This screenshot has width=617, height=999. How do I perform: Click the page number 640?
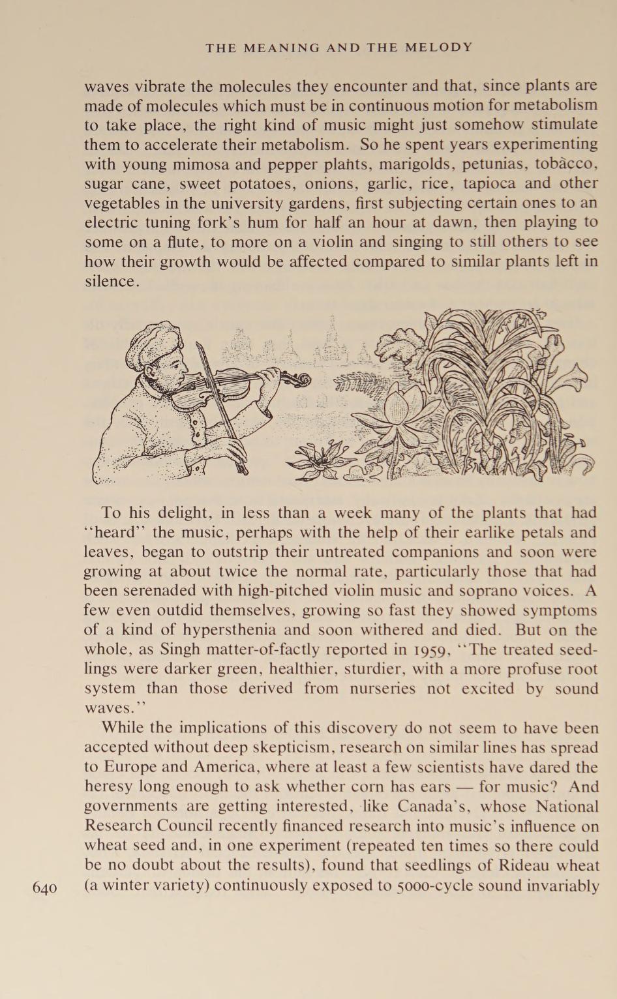pyautogui.click(x=44, y=888)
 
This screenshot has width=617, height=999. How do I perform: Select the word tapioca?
pyautogui.click(x=489, y=183)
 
